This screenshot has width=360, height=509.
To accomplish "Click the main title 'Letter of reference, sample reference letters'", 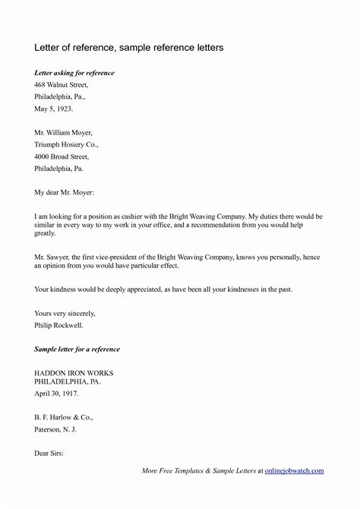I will pyautogui.click(x=129, y=48).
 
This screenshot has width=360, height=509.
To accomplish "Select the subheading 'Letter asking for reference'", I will pyautogui.click(x=74, y=72).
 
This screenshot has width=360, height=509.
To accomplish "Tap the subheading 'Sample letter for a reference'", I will pyautogui.click(x=77, y=349).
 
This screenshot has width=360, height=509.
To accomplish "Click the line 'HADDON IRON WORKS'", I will pyautogui.click(x=73, y=373).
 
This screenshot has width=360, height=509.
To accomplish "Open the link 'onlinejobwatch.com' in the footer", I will pyautogui.click(x=294, y=471).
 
